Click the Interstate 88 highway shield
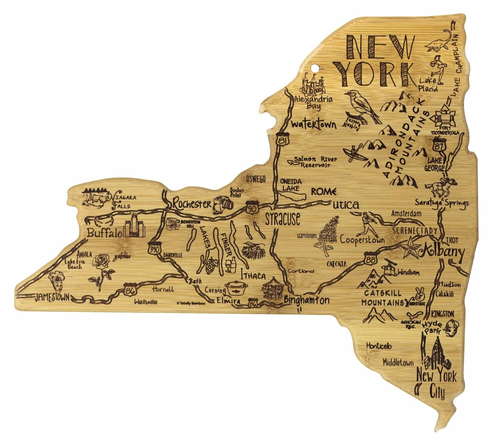pyautogui.click(x=371, y=258)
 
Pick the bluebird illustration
pyautogui.click(x=361, y=106)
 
